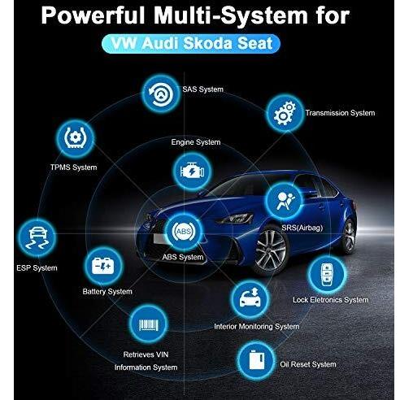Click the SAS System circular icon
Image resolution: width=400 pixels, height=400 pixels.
click(x=161, y=93)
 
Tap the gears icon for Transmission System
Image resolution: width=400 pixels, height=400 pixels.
click(x=285, y=113)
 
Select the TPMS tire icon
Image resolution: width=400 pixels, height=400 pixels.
click(x=76, y=138)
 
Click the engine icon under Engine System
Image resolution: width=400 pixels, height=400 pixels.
click(x=192, y=172)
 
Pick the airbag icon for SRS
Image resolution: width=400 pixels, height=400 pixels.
click(x=284, y=201)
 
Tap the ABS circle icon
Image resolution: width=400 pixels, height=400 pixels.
click(x=184, y=231)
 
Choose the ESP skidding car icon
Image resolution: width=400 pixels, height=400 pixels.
click(x=37, y=238)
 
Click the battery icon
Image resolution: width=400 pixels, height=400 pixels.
click(x=103, y=266)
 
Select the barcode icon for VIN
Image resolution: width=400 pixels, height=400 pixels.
click(x=148, y=324)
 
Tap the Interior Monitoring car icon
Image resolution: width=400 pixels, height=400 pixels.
click(x=250, y=299)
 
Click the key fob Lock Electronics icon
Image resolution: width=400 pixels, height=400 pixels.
click(x=327, y=274)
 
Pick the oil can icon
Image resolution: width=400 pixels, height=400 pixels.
click(x=256, y=360)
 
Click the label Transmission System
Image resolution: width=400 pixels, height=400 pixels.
click(x=340, y=113)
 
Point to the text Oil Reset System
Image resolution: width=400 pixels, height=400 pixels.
click(x=308, y=364)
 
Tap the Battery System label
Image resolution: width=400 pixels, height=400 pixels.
click(x=107, y=292)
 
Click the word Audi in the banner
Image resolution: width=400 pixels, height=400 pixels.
click(x=161, y=43)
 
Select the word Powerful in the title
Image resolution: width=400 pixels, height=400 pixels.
click(x=93, y=15)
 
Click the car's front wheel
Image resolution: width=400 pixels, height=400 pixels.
click(x=271, y=250)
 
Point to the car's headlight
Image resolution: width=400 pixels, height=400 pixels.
click(x=235, y=218)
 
